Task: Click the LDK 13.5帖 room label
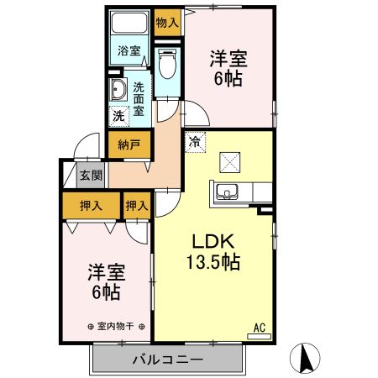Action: [x=213, y=249]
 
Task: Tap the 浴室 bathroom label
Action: [x=129, y=50]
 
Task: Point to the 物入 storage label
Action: [x=167, y=22]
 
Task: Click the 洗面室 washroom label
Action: [x=139, y=97]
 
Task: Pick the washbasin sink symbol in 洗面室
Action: [x=117, y=91]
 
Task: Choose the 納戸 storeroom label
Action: [x=129, y=144]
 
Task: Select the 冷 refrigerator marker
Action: [x=194, y=142]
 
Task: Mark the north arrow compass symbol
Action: [x=307, y=359]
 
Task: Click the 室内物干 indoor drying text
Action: [x=117, y=326]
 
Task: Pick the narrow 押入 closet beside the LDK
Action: [x=136, y=204]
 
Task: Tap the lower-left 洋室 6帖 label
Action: [x=105, y=282]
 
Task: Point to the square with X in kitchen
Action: [x=230, y=160]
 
